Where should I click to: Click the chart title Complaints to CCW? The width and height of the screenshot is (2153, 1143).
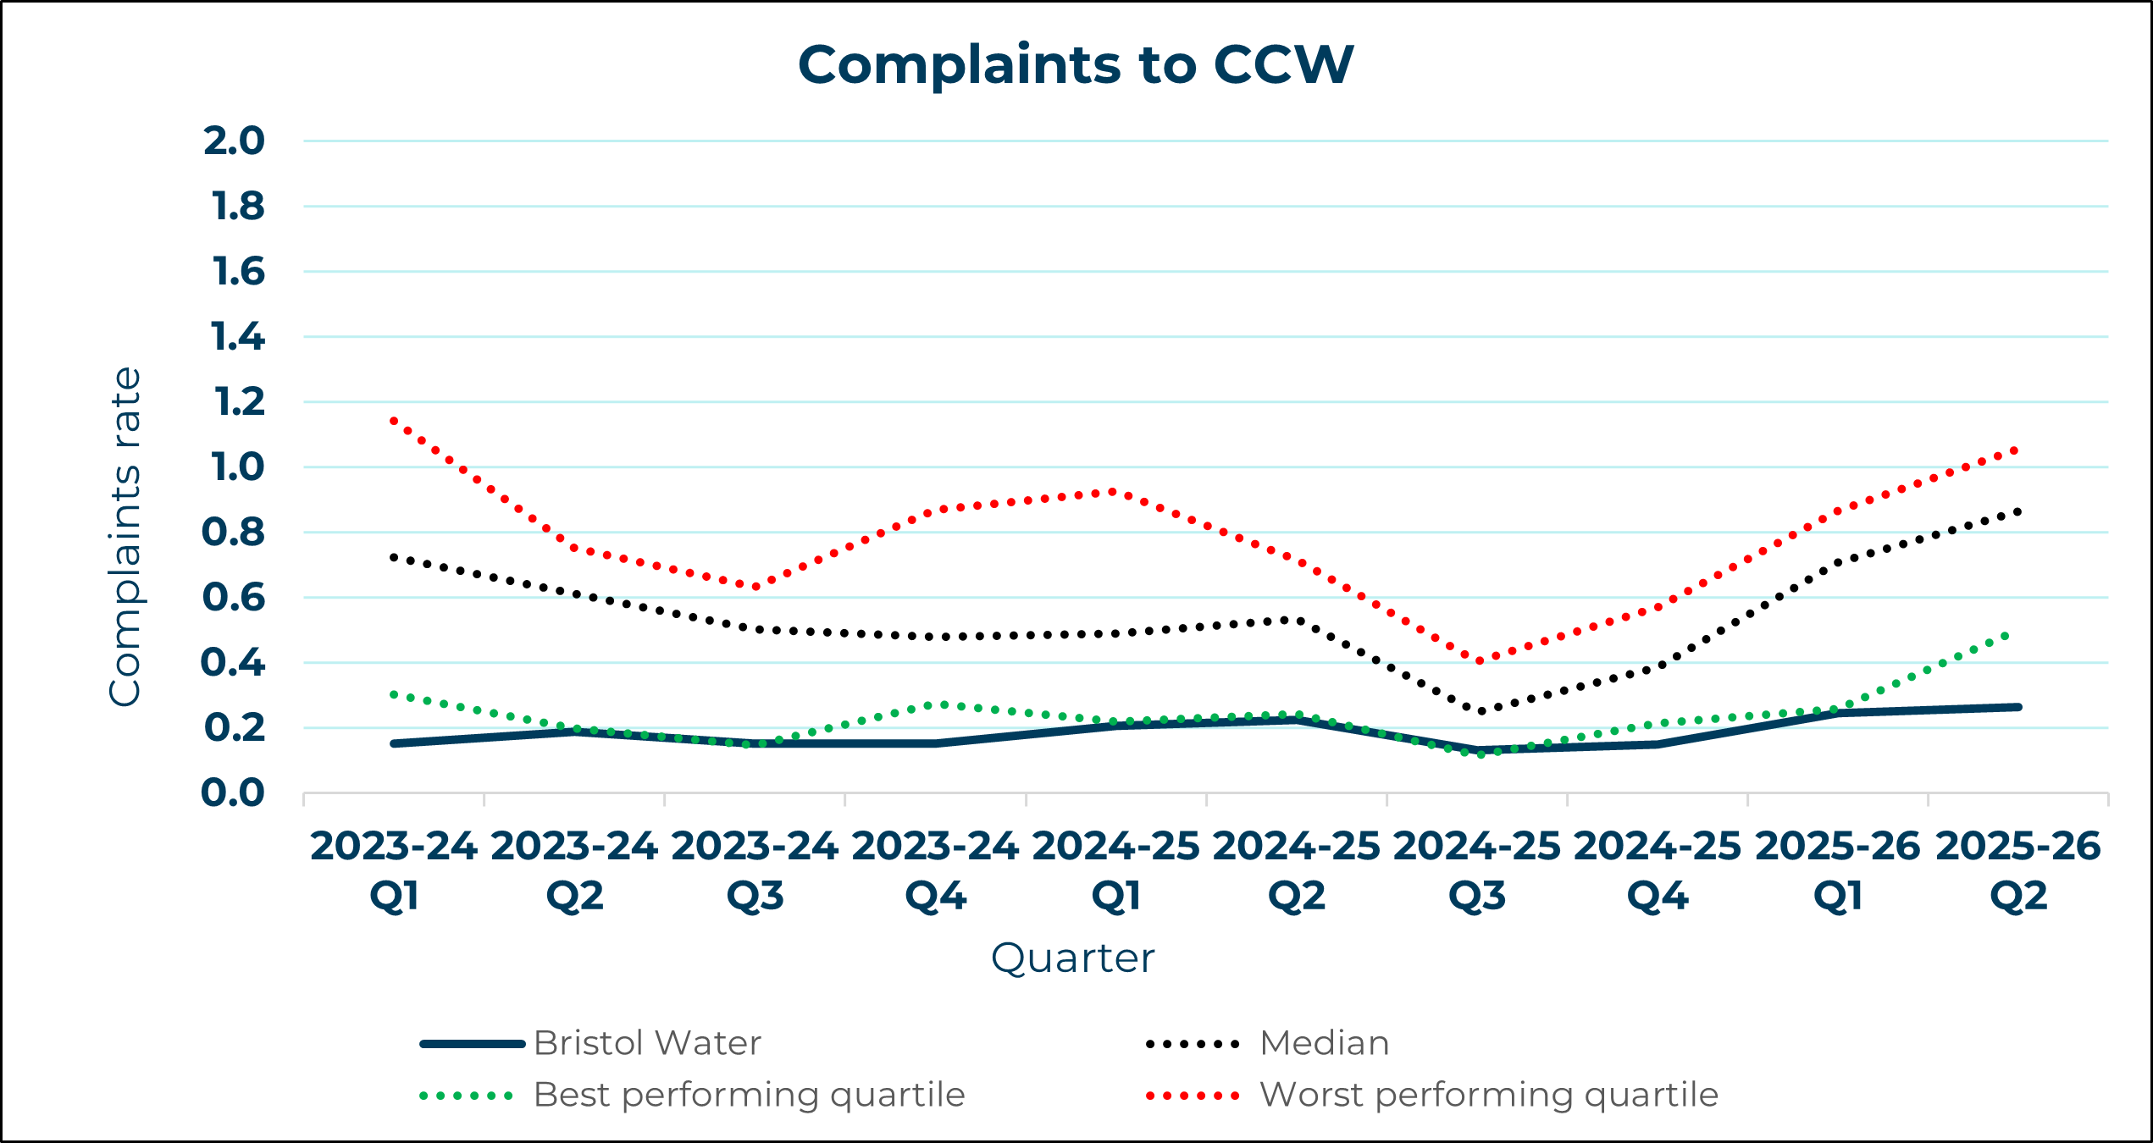1076,65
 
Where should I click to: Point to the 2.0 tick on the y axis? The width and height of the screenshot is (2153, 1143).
235,141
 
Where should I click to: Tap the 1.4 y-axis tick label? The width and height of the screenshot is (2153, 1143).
237,337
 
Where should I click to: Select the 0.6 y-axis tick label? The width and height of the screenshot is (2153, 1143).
234,598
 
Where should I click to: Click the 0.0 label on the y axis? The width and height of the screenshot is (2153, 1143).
233,793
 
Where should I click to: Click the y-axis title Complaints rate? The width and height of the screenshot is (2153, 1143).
125,537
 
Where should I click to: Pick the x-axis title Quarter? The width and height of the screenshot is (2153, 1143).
1072,958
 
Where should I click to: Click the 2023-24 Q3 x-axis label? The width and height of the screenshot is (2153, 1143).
755,870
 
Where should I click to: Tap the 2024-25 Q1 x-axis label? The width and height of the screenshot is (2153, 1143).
1115,870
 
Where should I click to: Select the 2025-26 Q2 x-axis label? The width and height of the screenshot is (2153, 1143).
2018,870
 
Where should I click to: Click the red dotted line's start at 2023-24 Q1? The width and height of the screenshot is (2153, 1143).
394,420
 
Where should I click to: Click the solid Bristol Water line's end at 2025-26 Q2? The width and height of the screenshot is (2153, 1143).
2018,707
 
